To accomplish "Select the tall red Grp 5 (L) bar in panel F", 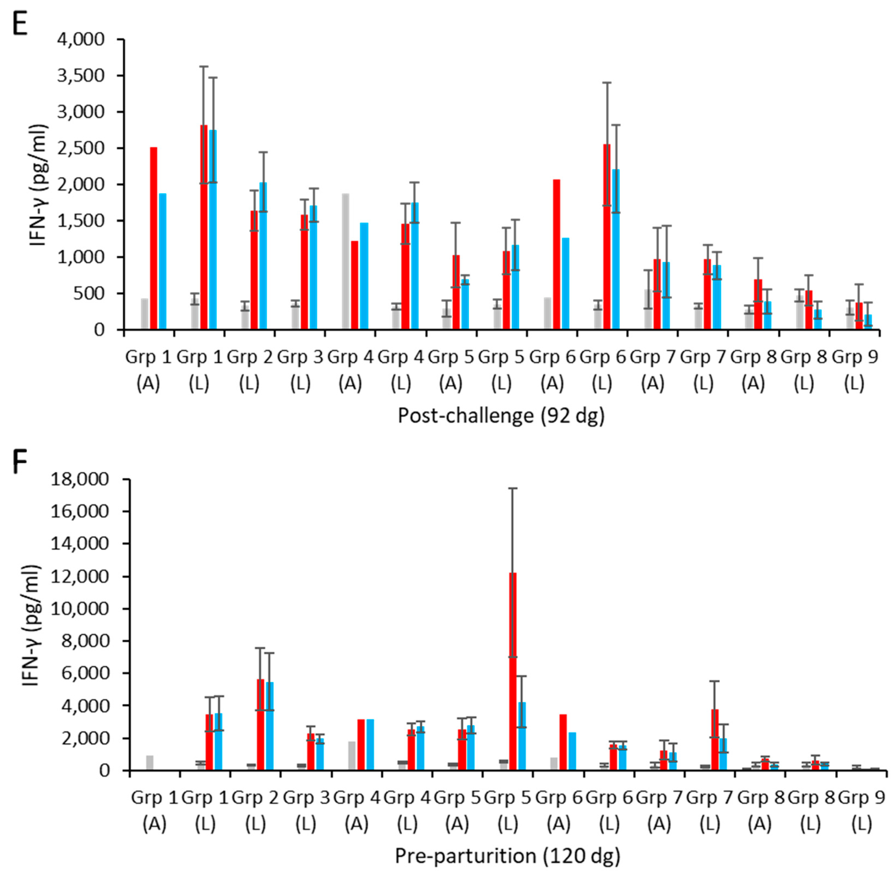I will point(512,671).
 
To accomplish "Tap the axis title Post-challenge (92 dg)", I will point(501,416).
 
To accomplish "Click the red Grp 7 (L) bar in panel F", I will point(715,740).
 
